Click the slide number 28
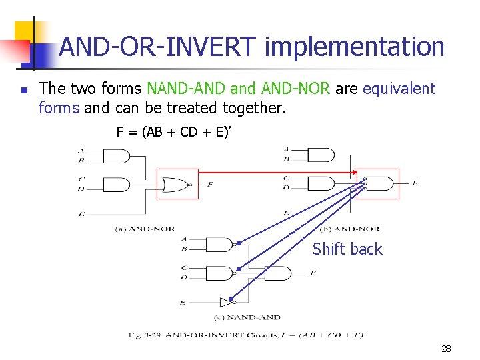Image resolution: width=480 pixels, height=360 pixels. [x=446, y=348]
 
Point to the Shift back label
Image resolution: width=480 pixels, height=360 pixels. [x=347, y=249]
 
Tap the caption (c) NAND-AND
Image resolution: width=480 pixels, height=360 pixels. [x=247, y=317]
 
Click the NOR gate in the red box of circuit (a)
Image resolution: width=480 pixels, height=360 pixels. [x=177, y=184]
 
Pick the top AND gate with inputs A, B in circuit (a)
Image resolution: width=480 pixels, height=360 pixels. [x=117, y=156]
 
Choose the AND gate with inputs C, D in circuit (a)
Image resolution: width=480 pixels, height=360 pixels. [x=117, y=184]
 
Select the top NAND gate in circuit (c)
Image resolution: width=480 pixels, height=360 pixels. [x=219, y=245]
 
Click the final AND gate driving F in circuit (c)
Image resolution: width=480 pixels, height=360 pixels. [x=279, y=273]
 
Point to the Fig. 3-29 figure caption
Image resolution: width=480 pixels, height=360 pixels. [x=247, y=335]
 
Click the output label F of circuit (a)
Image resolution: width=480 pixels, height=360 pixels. [x=210, y=184]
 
